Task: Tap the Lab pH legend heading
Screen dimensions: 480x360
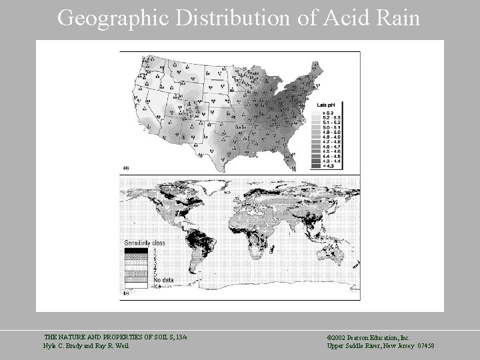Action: (x=326, y=105)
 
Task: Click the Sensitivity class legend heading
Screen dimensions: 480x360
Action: (x=145, y=243)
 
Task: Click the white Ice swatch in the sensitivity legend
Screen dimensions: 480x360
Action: (x=137, y=287)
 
